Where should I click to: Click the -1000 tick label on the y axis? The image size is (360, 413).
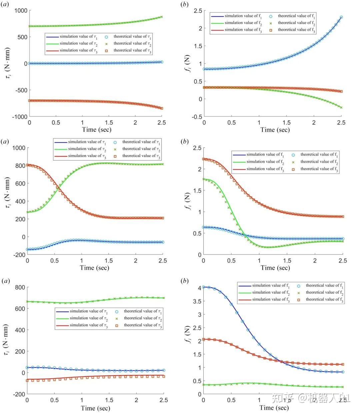coord(20,116)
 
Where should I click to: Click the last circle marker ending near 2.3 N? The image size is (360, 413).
coord(341,17)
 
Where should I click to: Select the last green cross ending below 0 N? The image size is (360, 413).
coord(341,107)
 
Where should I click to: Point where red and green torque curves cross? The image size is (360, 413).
coord(58,187)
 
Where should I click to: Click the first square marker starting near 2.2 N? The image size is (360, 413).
coord(204,159)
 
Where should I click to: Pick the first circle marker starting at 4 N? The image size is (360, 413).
coord(204,287)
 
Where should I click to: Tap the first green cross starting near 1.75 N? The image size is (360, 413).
coord(204,179)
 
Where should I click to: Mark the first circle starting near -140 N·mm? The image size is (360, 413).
coord(28,249)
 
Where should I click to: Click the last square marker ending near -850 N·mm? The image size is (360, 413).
coord(162,108)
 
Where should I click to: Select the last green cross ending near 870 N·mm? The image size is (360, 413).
coord(162,17)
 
